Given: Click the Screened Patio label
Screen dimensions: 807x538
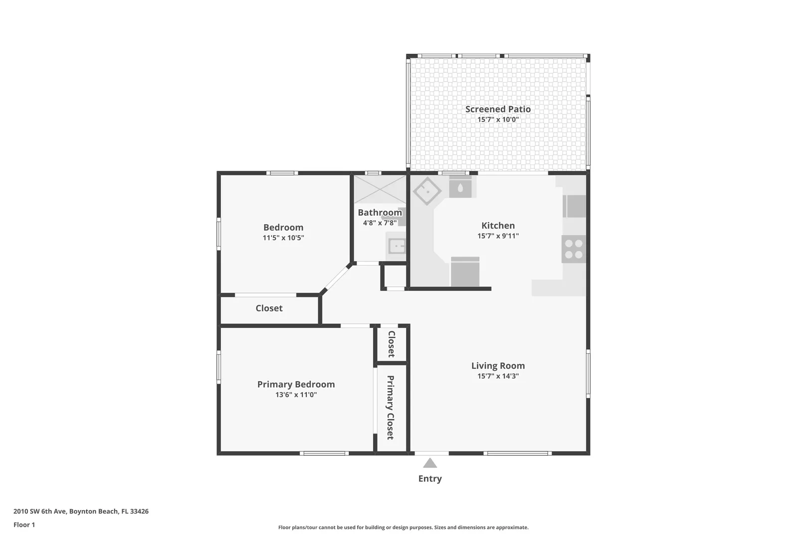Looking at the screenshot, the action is [x=498, y=109].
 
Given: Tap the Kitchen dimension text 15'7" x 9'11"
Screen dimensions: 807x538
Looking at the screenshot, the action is [x=498, y=236].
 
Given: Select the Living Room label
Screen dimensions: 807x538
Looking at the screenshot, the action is [x=498, y=366].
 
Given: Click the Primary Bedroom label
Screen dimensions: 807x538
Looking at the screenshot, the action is [x=296, y=384].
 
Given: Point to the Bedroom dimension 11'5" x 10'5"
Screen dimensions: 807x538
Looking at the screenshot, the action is [x=283, y=238].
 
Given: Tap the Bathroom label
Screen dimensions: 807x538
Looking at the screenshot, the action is [x=380, y=212].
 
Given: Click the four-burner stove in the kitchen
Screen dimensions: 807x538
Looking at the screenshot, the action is [x=573, y=249].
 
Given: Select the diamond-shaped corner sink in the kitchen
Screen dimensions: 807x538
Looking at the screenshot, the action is [x=427, y=191].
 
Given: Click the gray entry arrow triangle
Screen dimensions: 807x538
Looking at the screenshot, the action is [x=430, y=463].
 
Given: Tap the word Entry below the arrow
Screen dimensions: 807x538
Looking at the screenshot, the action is [x=430, y=479].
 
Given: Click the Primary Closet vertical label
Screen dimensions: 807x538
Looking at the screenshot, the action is [x=391, y=407].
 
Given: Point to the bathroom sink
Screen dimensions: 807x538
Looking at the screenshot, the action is [x=397, y=247].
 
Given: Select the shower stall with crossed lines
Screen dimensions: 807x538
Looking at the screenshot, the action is [x=380, y=189].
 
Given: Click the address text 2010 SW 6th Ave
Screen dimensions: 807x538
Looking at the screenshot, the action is [x=40, y=511].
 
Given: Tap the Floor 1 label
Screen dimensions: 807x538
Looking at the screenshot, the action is [x=24, y=525].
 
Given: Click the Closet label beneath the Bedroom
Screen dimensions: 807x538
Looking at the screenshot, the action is [x=269, y=308].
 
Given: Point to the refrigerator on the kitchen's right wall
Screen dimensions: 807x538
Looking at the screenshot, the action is [x=574, y=206].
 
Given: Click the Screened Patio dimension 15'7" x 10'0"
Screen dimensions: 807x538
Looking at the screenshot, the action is [x=498, y=119].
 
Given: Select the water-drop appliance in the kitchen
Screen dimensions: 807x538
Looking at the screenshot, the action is [x=460, y=187].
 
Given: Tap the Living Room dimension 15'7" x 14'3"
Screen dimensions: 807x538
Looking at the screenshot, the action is [x=498, y=376].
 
